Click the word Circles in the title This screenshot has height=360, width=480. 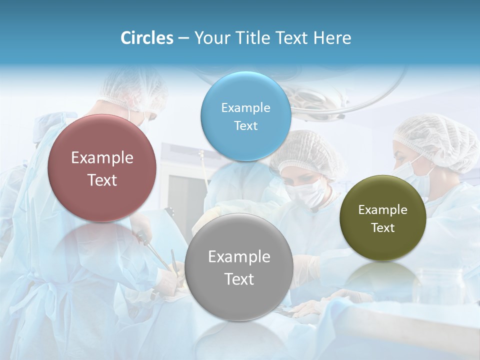click(146, 38)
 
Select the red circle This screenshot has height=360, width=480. click(102, 168)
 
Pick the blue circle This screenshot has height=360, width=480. click(245, 116)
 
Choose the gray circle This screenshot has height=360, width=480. click(238, 267)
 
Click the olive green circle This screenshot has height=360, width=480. click(382, 218)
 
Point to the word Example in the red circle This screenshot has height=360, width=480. click(102, 158)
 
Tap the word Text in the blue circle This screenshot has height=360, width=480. click(245, 126)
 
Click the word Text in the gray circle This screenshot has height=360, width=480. click(239, 279)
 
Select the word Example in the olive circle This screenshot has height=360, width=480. click(382, 210)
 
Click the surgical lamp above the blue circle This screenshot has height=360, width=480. click(320, 95)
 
